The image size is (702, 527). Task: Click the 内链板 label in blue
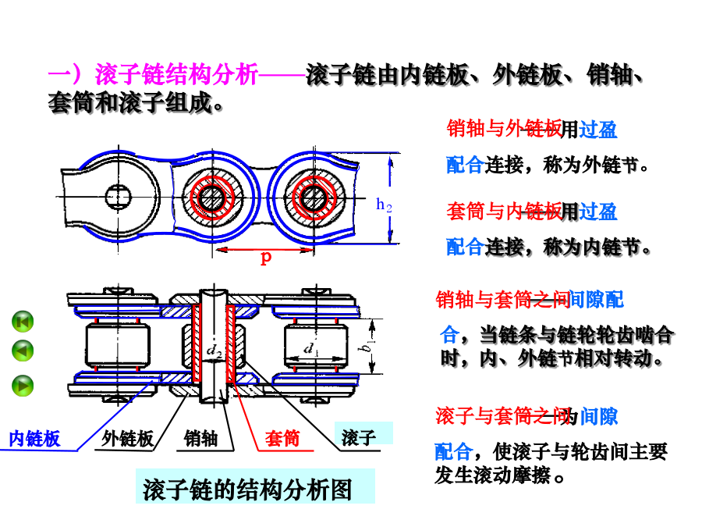click(34, 439)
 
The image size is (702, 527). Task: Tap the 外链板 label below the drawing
click(127, 438)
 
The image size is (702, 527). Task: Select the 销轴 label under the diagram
click(201, 438)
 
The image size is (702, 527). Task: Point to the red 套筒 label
click(282, 438)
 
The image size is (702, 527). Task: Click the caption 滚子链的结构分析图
click(247, 490)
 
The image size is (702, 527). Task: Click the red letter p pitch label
click(266, 258)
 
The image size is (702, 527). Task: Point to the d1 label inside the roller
click(311, 349)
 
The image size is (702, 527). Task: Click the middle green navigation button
click(23, 351)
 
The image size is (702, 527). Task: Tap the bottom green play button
click(23, 385)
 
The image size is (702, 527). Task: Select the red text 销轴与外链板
click(503, 129)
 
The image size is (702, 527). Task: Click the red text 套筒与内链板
click(503, 211)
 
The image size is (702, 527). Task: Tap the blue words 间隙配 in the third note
click(597, 300)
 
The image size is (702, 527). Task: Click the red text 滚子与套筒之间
click(499, 417)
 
